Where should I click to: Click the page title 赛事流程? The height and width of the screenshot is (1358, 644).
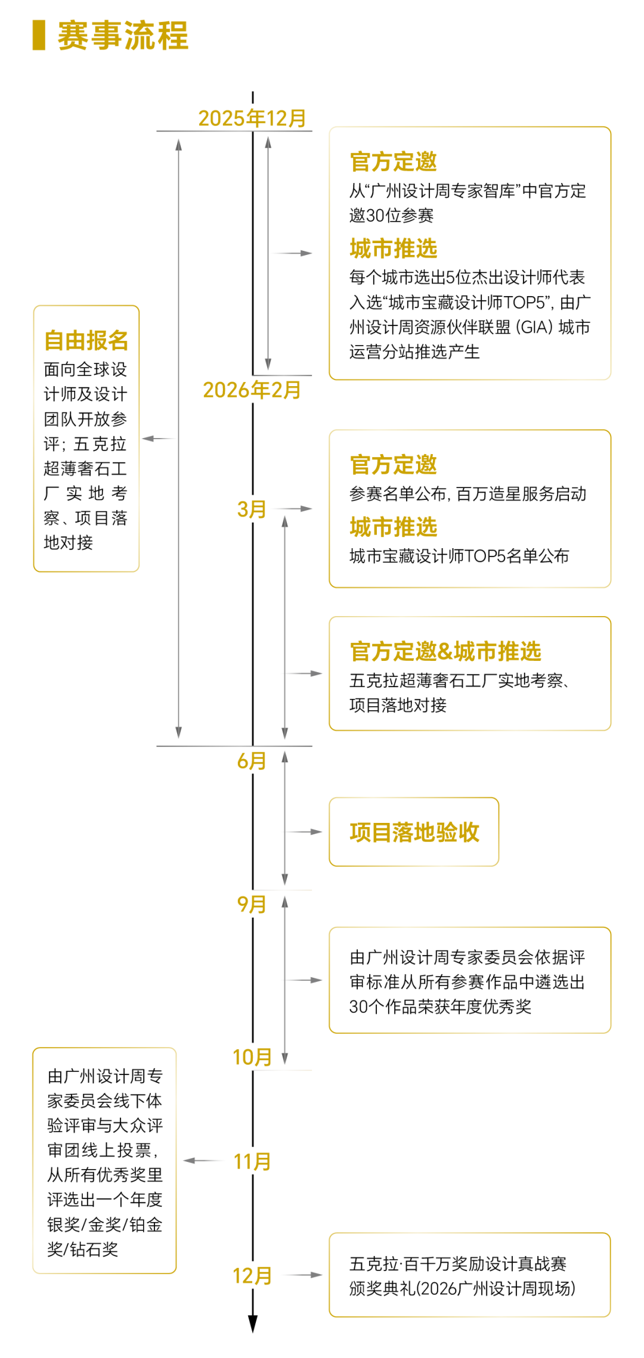(123, 36)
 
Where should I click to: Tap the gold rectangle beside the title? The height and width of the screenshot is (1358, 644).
(39, 35)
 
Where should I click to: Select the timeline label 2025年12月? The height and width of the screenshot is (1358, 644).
(252, 118)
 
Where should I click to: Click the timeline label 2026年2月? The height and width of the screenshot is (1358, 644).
(252, 390)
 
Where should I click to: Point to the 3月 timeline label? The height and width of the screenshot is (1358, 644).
(252, 509)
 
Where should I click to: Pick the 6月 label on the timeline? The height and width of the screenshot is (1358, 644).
(252, 761)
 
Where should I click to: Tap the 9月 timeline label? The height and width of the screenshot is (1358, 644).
(252, 905)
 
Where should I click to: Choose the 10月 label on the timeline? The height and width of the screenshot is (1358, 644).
(252, 1057)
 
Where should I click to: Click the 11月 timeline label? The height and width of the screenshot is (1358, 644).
(252, 1161)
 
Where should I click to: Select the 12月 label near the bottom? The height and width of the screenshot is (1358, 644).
(252, 1275)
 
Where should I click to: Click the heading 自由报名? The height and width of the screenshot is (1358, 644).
(86, 340)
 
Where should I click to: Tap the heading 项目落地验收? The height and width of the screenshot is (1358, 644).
(414, 832)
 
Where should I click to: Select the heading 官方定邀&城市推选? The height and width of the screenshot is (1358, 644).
(445, 651)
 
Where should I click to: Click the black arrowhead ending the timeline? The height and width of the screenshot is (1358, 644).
(253, 1323)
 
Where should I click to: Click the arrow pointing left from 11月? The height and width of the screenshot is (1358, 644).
(203, 1161)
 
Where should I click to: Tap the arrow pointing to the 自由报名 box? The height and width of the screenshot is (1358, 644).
(158, 439)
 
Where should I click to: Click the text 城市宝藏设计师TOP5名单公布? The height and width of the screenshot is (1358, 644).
(459, 556)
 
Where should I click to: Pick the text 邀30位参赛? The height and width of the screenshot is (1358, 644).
(391, 215)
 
